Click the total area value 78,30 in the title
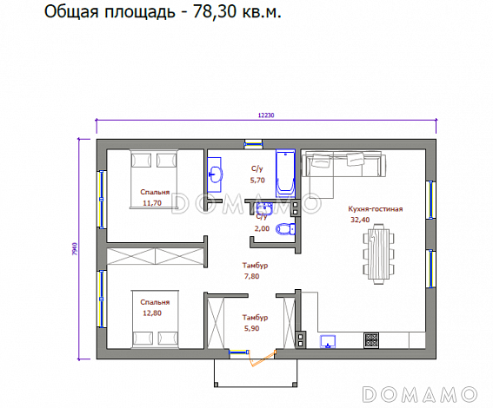click(x=210, y=14)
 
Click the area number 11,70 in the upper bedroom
click(x=152, y=203)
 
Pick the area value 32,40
click(x=359, y=220)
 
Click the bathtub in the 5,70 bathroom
click(x=284, y=172)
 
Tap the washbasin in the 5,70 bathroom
click(x=216, y=174)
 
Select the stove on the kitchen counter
click(x=371, y=339)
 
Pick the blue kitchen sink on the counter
click(x=329, y=340)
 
